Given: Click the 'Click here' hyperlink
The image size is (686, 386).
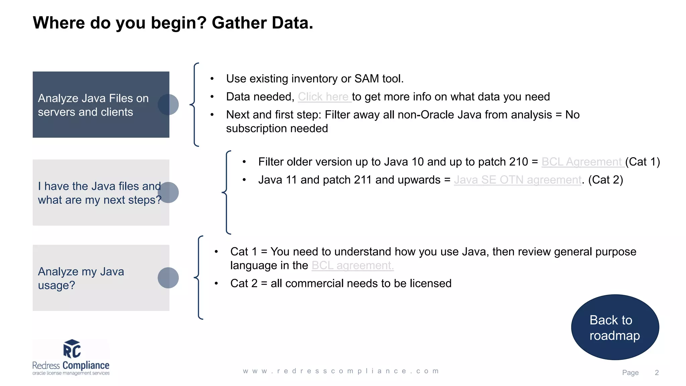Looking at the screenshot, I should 324,97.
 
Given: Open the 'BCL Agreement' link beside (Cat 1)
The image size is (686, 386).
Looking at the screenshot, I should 582,162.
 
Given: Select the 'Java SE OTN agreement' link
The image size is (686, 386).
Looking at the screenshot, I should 518,180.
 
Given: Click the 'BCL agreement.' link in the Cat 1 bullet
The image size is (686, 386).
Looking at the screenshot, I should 352,265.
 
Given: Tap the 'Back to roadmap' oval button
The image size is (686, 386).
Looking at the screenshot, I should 615,327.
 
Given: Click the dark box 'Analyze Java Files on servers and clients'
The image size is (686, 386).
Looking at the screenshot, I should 97,105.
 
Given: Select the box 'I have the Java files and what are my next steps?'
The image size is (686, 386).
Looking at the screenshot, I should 97,193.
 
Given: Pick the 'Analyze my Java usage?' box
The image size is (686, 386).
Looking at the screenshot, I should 97,278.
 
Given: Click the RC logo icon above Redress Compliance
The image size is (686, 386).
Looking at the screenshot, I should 72,349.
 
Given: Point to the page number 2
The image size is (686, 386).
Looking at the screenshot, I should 657,373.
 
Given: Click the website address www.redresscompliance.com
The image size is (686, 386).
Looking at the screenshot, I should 341,371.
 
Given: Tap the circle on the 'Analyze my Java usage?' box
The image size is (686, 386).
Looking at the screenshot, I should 168,278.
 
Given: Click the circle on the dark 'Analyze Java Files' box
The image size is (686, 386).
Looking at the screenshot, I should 168,105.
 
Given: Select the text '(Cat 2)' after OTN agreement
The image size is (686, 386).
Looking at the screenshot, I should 606,180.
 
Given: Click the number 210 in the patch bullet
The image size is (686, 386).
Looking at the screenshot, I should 519,162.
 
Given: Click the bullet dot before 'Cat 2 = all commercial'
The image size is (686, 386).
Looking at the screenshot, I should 216,284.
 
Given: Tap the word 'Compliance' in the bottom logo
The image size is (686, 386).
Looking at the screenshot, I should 86,365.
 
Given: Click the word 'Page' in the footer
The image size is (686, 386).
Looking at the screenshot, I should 630,373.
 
